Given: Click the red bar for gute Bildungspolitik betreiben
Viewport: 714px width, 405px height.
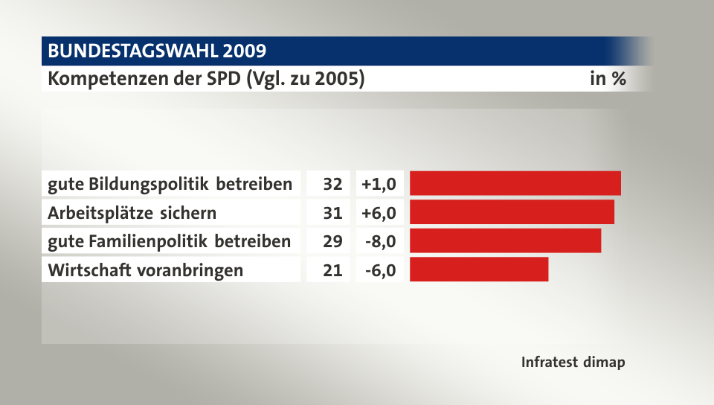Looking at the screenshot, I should [515, 183].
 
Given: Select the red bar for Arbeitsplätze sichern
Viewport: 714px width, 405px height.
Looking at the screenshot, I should [512, 212].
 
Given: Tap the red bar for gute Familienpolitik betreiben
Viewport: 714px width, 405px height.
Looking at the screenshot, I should [505, 240].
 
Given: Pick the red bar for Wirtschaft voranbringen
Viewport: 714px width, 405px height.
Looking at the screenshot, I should [478, 270].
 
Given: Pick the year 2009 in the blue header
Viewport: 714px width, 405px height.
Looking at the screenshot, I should [243, 51].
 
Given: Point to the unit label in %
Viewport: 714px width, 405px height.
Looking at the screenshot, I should [607, 78].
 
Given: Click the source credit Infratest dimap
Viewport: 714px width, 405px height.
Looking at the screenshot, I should [573, 363].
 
